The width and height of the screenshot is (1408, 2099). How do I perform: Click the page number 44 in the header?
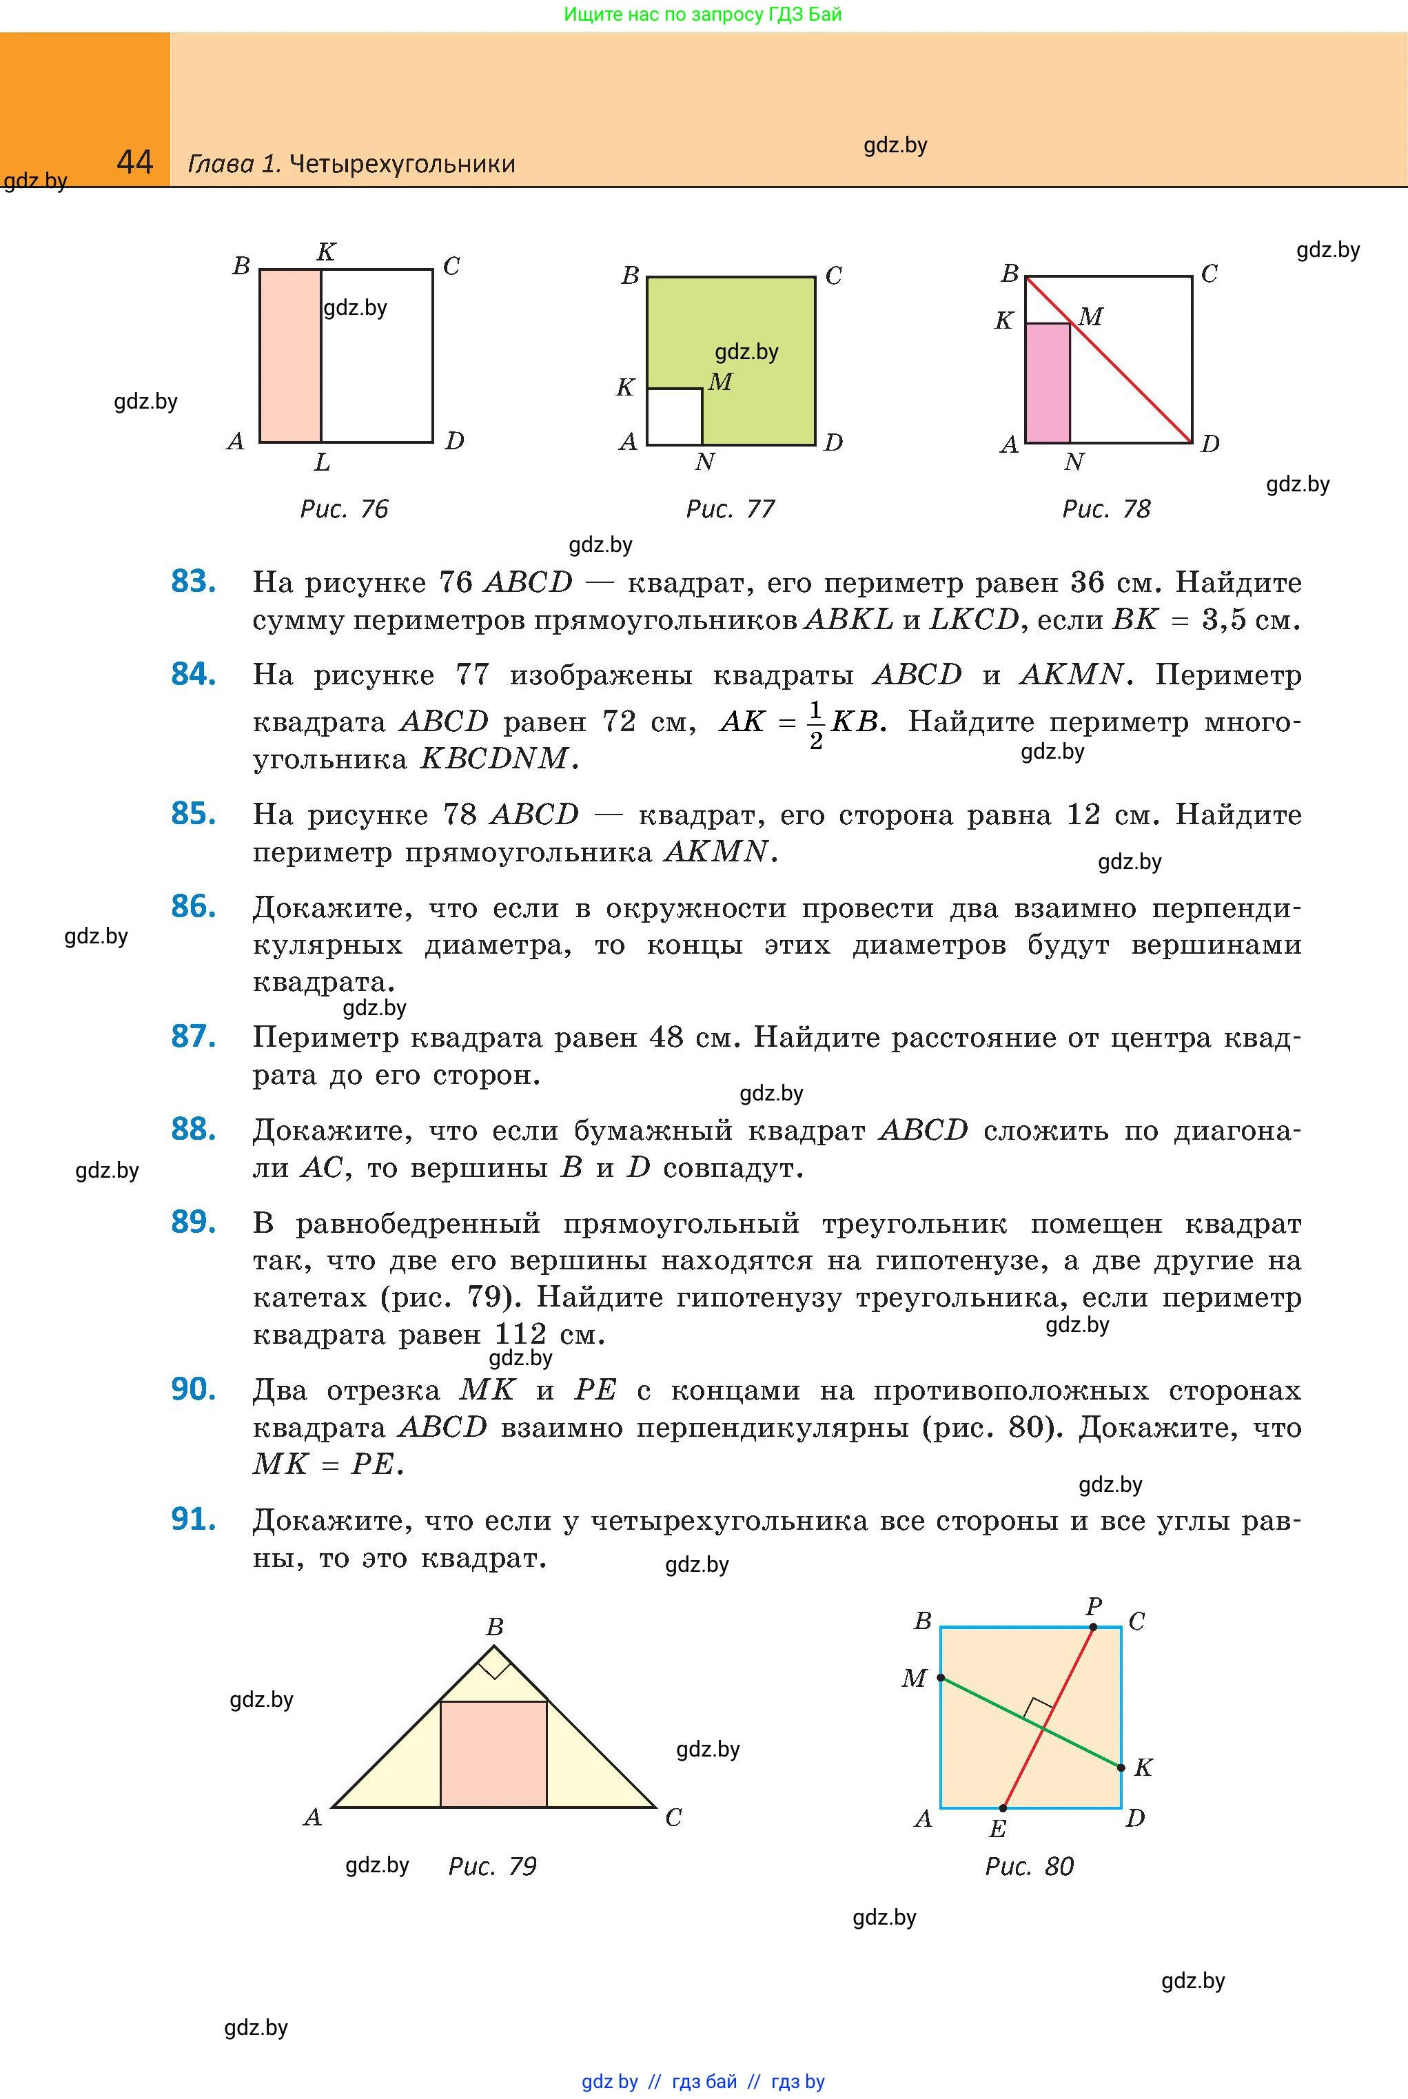[x=134, y=162]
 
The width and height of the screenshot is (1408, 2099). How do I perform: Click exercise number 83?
[x=193, y=582]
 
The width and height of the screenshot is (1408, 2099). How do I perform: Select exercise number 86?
[x=193, y=907]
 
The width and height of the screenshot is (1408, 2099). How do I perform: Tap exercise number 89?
[x=193, y=1222]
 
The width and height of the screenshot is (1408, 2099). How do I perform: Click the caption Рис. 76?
[x=344, y=509]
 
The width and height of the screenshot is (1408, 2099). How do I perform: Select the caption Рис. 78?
[x=1105, y=509]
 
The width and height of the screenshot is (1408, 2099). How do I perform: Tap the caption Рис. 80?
[x=1029, y=1867]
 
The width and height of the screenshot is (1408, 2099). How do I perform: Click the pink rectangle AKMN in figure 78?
[x=1047, y=383]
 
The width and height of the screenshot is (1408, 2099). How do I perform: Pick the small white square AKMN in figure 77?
[x=675, y=417]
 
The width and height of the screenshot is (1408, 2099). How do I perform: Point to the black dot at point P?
[x=1093, y=1627]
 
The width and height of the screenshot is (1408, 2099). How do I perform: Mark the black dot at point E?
[x=1003, y=1808]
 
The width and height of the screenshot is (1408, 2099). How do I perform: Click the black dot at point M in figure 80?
[x=940, y=1677]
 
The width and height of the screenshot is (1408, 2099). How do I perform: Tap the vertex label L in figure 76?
[x=321, y=463]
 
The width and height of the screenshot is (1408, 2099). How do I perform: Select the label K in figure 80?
[x=1143, y=1768]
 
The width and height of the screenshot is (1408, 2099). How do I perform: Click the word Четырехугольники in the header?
[x=402, y=164]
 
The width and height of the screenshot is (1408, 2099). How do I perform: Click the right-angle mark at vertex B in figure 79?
[x=495, y=1667]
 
